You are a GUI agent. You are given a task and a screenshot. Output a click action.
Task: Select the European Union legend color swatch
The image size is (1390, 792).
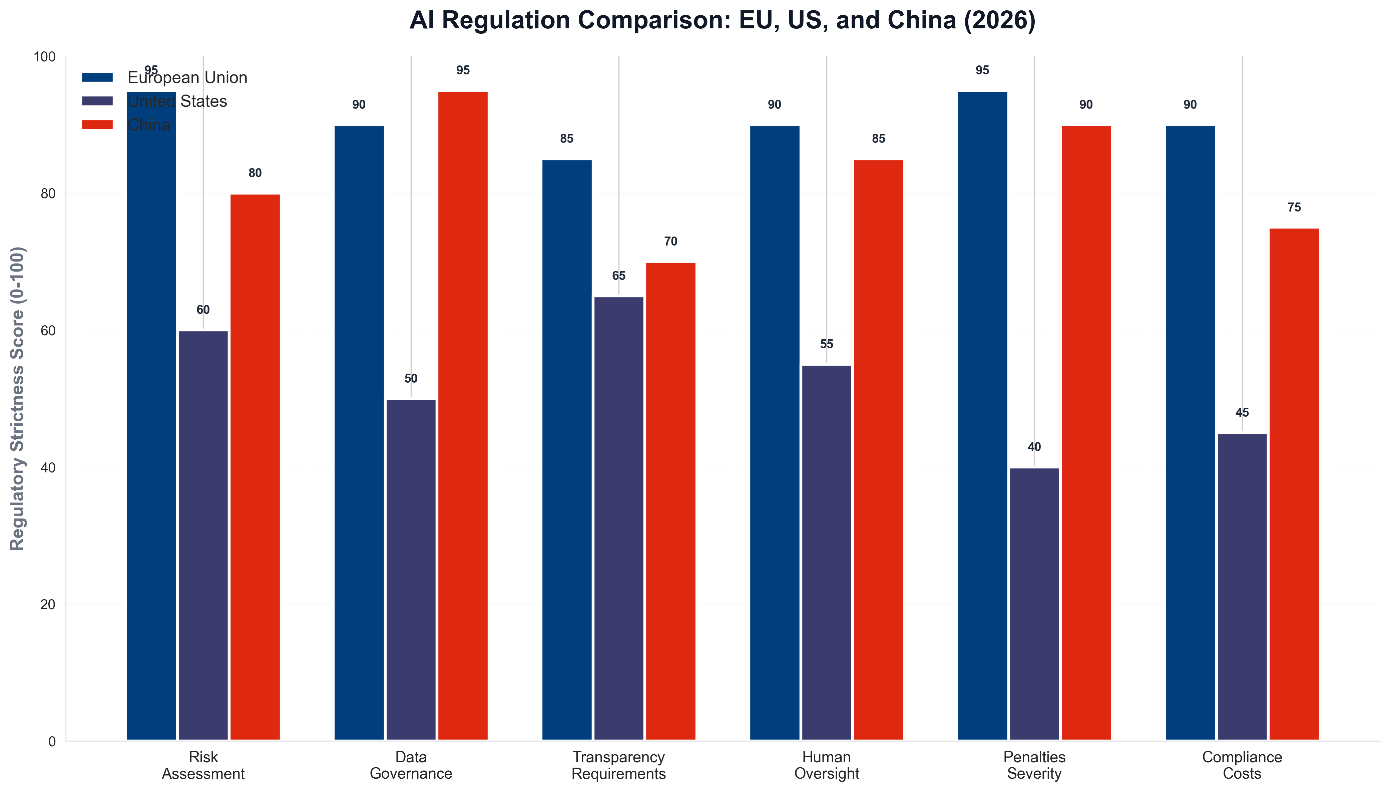point(97,78)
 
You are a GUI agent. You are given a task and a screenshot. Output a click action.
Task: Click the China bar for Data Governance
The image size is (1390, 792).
point(463,416)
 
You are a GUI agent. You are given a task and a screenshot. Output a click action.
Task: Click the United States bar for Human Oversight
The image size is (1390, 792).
point(826,553)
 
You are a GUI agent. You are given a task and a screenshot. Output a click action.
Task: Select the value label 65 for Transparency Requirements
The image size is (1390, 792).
point(618,276)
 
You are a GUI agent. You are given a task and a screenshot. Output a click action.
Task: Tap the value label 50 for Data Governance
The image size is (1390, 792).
point(411,379)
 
